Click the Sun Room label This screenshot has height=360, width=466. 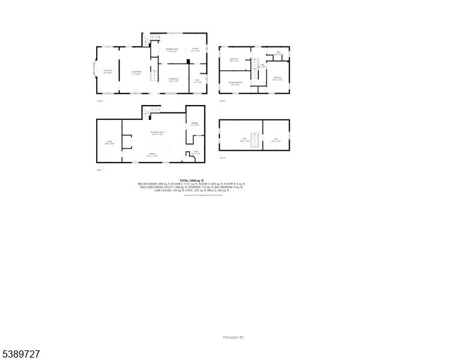(108, 71)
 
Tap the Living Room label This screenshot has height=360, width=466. (137, 72)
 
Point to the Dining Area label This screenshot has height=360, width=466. (173, 79)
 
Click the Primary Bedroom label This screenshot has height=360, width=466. (235, 82)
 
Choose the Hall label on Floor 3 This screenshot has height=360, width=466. (262, 66)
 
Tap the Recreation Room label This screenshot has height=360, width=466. (158, 132)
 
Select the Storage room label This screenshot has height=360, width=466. (195, 124)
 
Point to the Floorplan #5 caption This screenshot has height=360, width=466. (234, 338)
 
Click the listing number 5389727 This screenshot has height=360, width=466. (21, 355)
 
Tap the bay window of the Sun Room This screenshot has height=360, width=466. (94, 70)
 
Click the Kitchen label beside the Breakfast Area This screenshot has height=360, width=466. (195, 50)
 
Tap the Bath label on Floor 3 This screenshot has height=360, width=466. (279, 53)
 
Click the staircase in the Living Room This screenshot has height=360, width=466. (154, 76)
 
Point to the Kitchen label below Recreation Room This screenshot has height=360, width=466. (153, 154)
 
